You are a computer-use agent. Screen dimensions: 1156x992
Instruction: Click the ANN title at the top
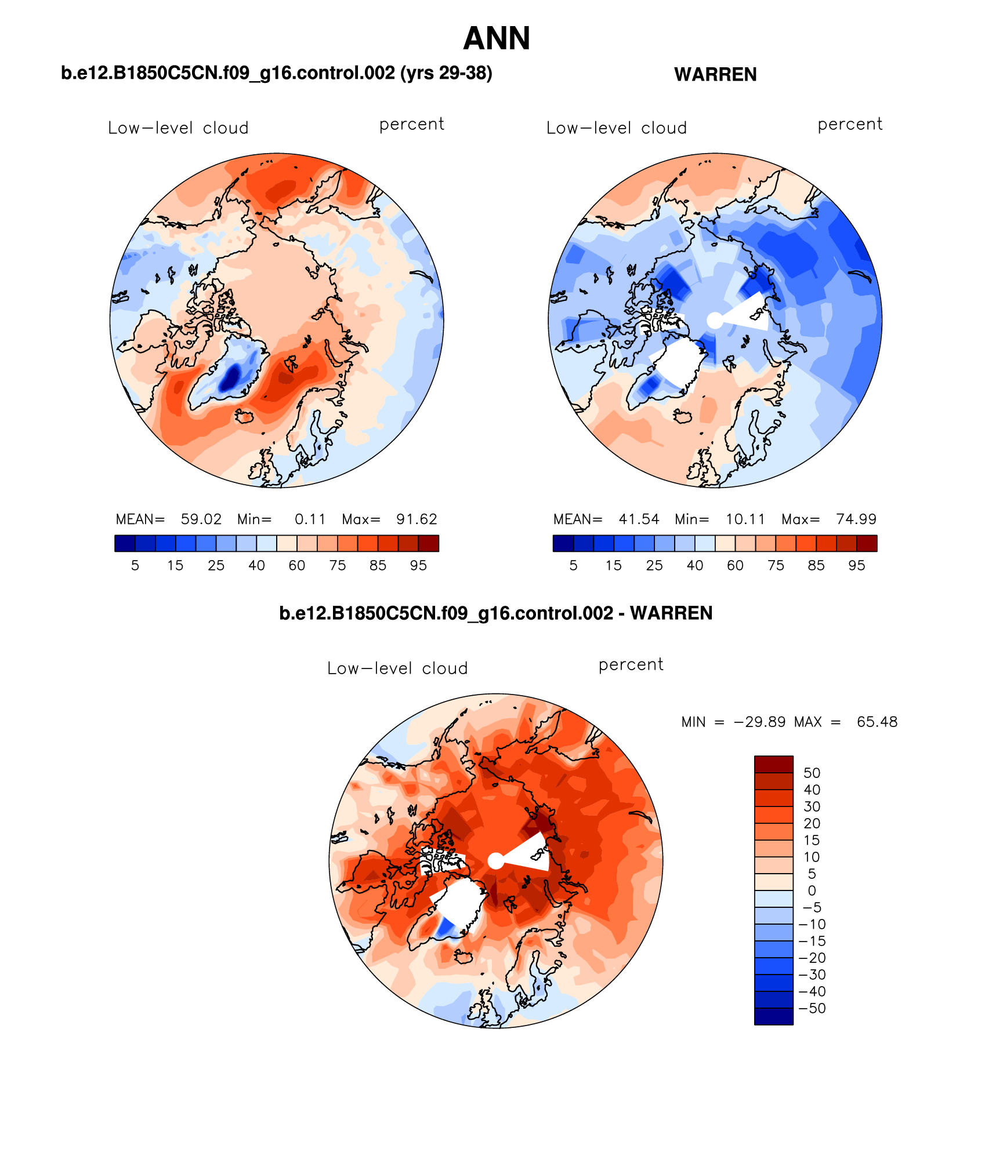pyautogui.click(x=497, y=39)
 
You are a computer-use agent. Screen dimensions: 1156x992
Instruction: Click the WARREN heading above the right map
pyautogui.click(x=715, y=75)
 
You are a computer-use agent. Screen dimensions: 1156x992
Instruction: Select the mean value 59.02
pyautogui.click(x=201, y=519)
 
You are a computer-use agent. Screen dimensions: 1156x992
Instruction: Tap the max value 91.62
pyautogui.click(x=417, y=519)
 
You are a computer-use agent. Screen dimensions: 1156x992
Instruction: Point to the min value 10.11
pyautogui.click(x=745, y=519)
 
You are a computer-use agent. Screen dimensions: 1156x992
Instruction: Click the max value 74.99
pyautogui.click(x=856, y=519)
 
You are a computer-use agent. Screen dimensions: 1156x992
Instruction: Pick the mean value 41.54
pyautogui.click(x=639, y=519)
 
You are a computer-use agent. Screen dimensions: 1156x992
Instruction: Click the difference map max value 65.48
pyautogui.click(x=877, y=722)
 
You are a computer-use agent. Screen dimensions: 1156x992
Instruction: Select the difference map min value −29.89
pyautogui.click(x=759, y=722)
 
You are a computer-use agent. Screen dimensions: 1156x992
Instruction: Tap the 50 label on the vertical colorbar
pyautogui.click(x=812, y=773)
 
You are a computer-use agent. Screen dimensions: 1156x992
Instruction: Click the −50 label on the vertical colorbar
pyautogui.click(x=812, y=1008)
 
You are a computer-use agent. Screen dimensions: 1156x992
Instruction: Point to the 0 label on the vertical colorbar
pyautogui.click(x=812, y=890)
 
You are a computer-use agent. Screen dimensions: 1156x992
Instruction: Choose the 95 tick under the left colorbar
pyautogui.click(x=418, y=565)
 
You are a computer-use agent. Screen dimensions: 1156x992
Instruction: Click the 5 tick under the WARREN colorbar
pyautogui.click(x=573, y=565)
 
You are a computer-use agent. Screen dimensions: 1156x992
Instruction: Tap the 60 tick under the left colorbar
pyautogui.click(x=297, y=565)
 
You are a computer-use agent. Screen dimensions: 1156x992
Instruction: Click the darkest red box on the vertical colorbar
pyautogui.click(x=773, y=764)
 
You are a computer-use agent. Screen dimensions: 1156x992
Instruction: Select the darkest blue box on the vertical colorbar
pyautogui.click(x=773, y=1016)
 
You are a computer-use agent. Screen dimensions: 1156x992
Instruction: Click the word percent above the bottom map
pyautogui.click(x=631, y=664)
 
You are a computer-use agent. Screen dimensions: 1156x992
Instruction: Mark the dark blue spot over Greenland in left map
pyautogui.click(x=231, y=378)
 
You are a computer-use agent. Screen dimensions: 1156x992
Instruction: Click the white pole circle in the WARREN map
pyautogui.click(x=715, y=320)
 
